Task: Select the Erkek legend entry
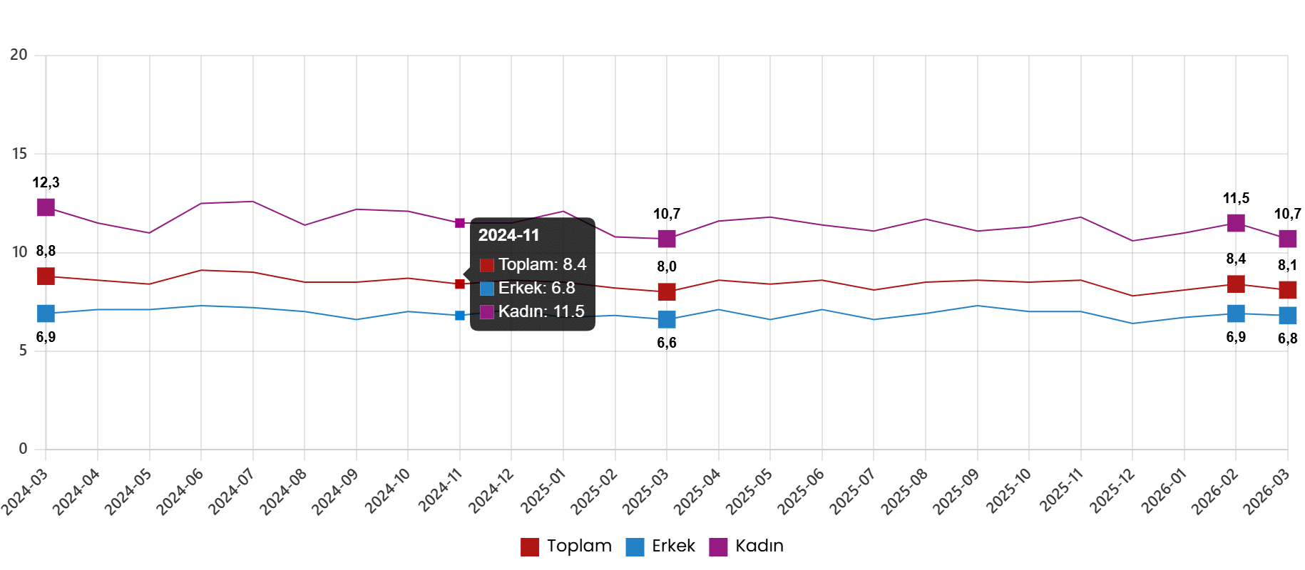click(661, 546)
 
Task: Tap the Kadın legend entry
click(747, 546)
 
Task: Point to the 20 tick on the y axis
click(19, 55)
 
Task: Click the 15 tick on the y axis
click(19, 153)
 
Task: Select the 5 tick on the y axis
click(22, 351)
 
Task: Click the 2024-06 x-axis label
click(178, 491)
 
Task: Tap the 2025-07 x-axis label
click(851, 491)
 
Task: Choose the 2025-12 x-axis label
click(1110, 491)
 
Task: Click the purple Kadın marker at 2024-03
click(46, 207)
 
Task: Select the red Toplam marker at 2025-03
click(667, 291)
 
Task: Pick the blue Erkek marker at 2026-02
click(1236, 313)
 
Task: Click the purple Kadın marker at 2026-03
click(1288, 238)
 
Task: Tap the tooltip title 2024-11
click(508, 235)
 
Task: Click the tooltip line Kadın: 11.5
click(541, 311)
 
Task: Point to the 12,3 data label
click(46, 182)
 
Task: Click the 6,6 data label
click(667, 343)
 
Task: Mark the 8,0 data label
click(667, 266)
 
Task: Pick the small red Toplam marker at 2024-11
click(460, 284)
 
